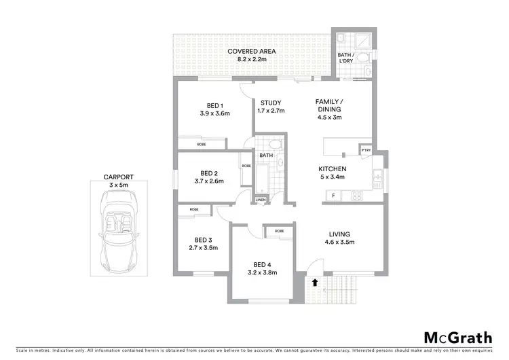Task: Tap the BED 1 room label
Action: [x=215, y=109]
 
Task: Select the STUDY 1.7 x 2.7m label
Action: [x=270, y=107]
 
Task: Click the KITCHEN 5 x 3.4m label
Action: [x=333, y=173]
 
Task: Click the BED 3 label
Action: [x=204, y=244]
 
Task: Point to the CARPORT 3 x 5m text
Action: [x=118, y=181]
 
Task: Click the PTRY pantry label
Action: [x=366, y=151]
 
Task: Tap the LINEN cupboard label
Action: [x=261, y=200]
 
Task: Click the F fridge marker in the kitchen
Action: [x=333, y=196]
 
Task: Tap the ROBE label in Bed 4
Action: [x=280, y=232]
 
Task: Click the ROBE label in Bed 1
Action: [x=202, y=144]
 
